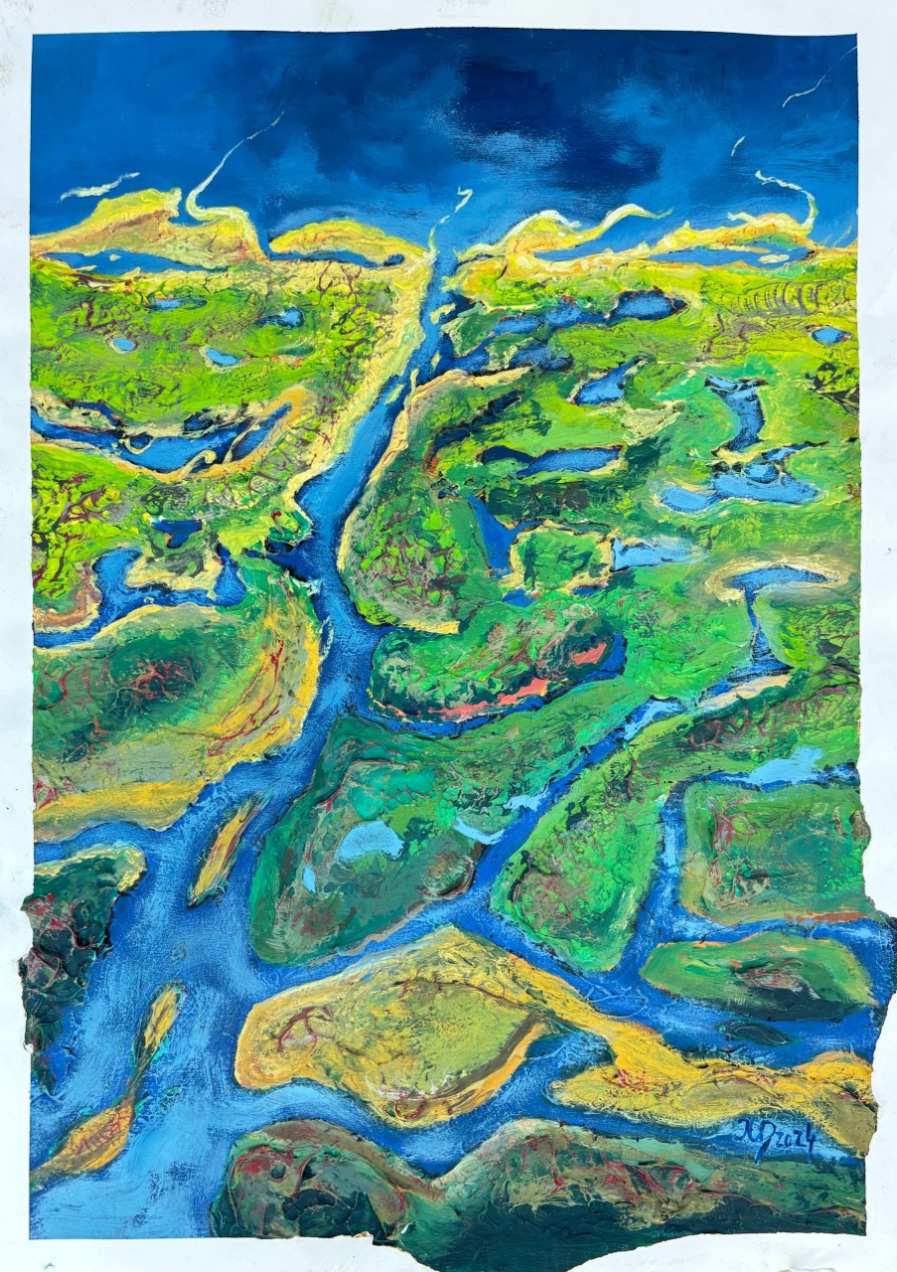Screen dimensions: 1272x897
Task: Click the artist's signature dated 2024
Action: point(778,1139)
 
